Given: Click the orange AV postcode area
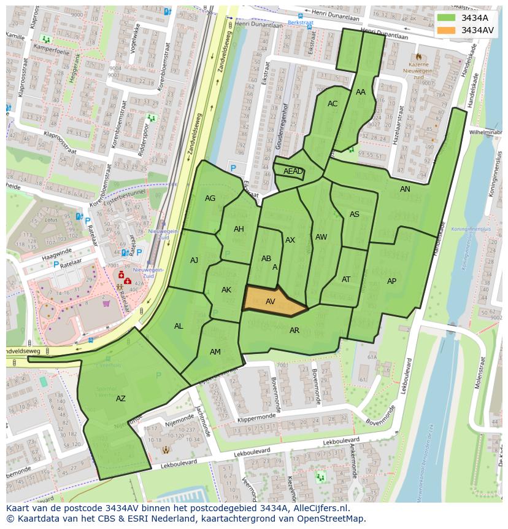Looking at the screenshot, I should pos(270,300).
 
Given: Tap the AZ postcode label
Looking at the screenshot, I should pos(121,399).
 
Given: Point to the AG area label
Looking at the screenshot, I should pos(210,198).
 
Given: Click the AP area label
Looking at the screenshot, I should pos(391,281).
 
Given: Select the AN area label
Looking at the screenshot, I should pos(405,189).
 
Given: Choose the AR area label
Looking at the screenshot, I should pos(294,331).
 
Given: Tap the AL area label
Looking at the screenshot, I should pos(179,326).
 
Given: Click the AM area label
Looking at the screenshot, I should pos(215,352).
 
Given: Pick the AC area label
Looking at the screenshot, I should pos(333,104).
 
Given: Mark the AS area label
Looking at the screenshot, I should pos(355,214).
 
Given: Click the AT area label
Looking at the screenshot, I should pos(346,280).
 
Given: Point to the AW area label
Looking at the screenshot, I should pos(321,237).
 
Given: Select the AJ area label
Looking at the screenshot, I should pos(194,261).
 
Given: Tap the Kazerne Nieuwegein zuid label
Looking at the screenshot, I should pos(419,68).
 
